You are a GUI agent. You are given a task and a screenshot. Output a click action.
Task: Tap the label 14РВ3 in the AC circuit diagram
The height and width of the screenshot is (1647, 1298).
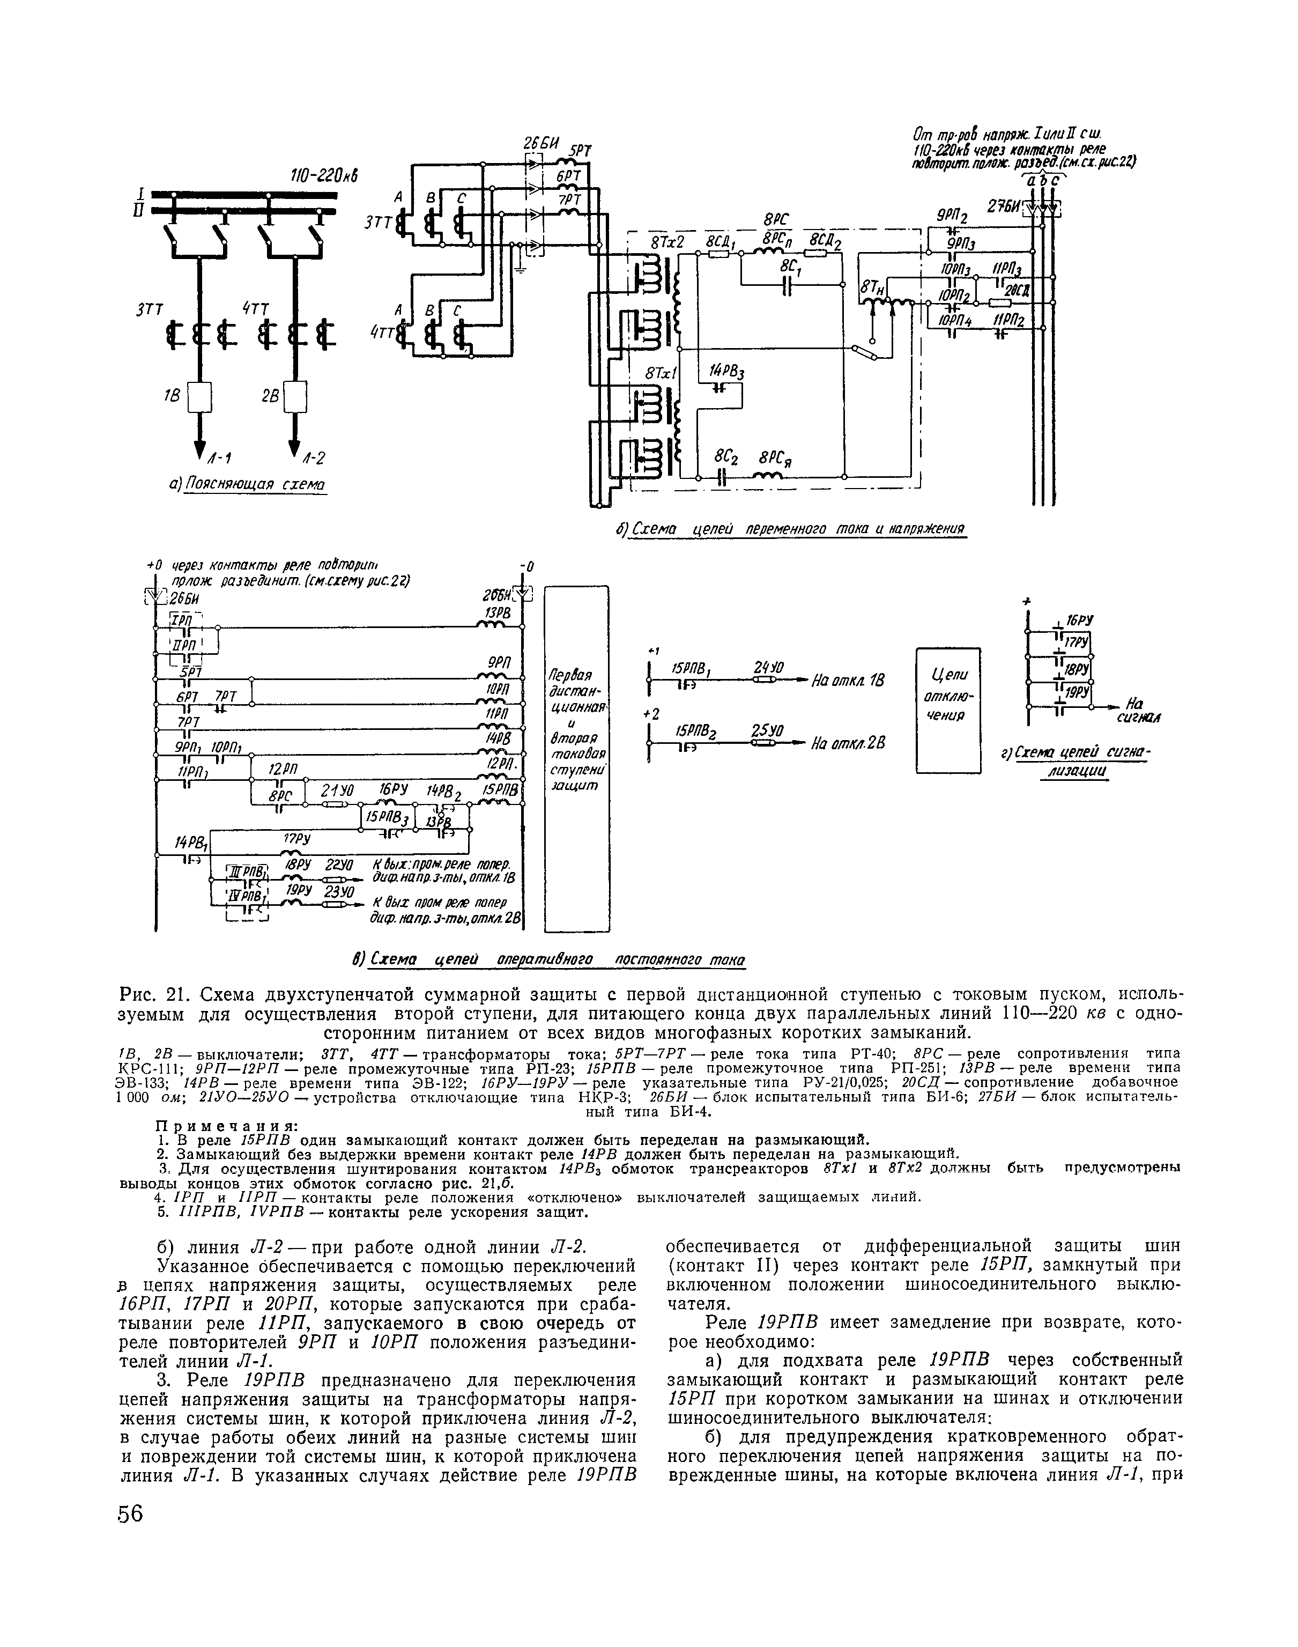pos(726,372)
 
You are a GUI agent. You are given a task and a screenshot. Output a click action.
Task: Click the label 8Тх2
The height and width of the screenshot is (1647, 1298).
pos(668,242)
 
